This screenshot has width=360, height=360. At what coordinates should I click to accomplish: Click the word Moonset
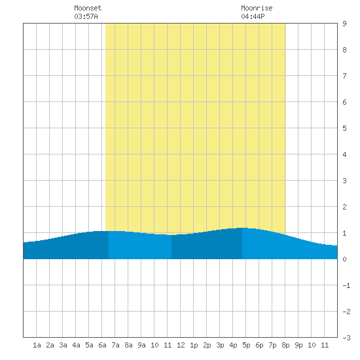pos(88,8)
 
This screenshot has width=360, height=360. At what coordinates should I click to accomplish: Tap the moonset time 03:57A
pos(86,16)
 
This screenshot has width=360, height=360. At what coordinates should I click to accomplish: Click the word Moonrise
pos(257,8)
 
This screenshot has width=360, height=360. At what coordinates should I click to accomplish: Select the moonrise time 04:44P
pos(253,16)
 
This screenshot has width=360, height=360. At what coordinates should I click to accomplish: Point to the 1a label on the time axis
pos(37,345)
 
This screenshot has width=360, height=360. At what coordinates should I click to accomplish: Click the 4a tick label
pos(76,345)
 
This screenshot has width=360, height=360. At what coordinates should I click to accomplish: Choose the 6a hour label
pos(102,345)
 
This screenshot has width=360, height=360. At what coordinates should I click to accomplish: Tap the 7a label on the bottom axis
pos(115,345)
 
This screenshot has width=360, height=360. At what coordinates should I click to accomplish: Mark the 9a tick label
pos(141,345)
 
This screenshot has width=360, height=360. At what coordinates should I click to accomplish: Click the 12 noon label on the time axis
pos(181,345)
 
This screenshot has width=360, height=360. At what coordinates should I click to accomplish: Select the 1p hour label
pos(194,345)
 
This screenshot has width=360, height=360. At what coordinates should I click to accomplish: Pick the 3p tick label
pos(220,345)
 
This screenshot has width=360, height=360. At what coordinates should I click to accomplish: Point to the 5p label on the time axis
pos(246,345)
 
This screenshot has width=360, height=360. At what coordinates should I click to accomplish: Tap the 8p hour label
pos(285,345)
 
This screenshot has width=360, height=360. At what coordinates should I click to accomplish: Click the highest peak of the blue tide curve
pos(244,228)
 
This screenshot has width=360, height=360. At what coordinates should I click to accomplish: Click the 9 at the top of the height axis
pos(344,24)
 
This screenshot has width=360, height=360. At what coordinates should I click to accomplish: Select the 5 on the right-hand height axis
pos(344,128)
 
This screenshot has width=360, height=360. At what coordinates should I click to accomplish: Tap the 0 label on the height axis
pos(344,259)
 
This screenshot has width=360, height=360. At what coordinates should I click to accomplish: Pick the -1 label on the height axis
pos(346,285)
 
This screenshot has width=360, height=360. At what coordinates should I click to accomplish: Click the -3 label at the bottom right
pos(346,338)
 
